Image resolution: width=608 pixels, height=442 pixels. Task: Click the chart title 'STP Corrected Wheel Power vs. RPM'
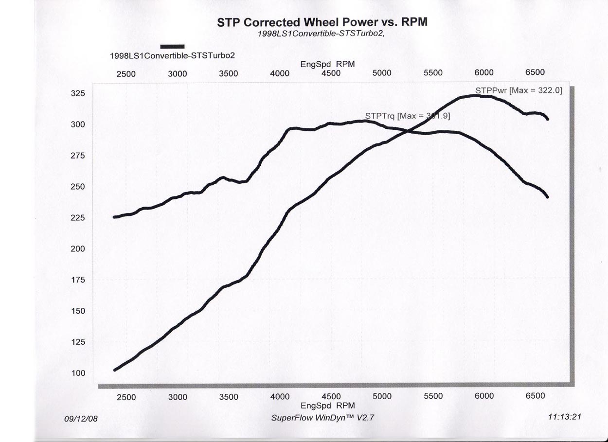point(322,22)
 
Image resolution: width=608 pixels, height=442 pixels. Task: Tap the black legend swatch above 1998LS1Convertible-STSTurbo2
point(172,46)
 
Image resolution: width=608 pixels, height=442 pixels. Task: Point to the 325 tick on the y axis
point(78,93)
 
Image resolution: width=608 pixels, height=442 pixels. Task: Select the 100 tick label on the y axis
point(78,373)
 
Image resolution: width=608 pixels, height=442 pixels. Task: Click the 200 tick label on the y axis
point(78,249)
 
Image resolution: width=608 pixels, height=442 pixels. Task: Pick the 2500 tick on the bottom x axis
point(126,397)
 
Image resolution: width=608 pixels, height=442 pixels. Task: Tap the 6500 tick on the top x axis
point(535,72)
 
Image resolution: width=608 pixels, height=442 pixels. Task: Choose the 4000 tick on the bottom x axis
point(280,397)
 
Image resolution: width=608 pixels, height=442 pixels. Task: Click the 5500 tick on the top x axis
point(433,73)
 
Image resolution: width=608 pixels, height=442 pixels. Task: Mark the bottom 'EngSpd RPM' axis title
point(327,406)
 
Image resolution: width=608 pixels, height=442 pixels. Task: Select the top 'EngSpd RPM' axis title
point(327,64)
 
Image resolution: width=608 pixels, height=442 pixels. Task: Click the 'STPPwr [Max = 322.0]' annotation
point(519,90)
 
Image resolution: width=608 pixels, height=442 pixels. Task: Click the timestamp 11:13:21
point(564,417)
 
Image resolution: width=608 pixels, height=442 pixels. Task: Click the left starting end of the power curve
point(115,370)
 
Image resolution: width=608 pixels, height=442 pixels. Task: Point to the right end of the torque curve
point(548,197)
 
